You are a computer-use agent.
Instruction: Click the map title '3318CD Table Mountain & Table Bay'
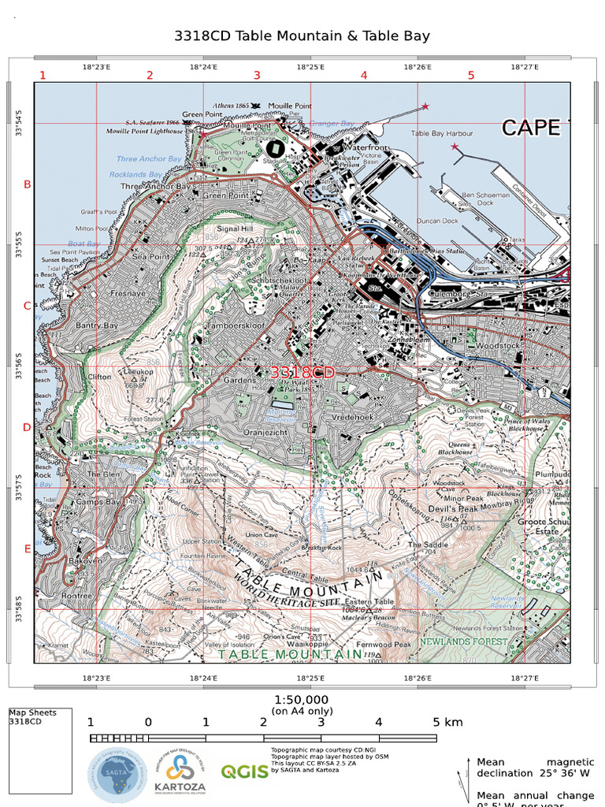click(x=302, y=36)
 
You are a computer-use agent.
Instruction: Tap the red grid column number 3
click(x=256, y=76)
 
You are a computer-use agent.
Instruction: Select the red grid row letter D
click(x=27, y=427)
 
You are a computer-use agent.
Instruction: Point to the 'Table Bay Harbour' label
click(x=441, y=133)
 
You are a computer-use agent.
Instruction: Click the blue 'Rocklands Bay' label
click(x=135, y=174)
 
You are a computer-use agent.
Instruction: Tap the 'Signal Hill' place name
click(x=234, y=229)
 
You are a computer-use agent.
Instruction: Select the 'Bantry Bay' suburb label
click(x=96, y=325)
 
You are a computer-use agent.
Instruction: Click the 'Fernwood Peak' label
click(x=384, y=645)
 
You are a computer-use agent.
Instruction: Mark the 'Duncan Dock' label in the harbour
click(x=437, y=221)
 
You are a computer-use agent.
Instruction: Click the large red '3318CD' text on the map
click(x=302, y=371)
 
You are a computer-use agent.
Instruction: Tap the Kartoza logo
click(x=180, y=774)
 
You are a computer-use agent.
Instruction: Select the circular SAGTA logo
click(x=117, y=775)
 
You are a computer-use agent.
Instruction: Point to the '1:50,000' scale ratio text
click(x=302, y=700)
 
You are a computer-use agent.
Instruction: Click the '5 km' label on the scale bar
click(x=447, y=722)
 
